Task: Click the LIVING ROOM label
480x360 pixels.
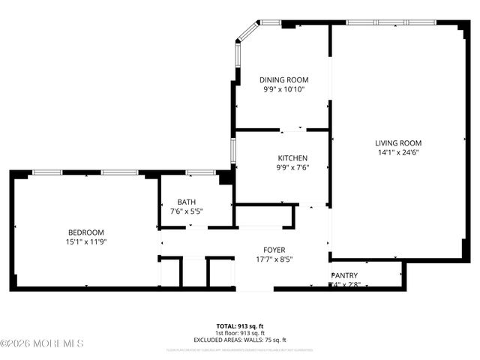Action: (x=398, y=142)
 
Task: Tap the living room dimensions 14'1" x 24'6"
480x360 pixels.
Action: (x=398, y=152)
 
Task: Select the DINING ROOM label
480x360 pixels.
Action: (x=283, y=79)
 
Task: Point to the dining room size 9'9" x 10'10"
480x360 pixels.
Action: (x=283, y=89)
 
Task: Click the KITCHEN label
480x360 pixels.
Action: (x=292, y=157)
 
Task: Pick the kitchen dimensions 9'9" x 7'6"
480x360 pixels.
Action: (x=292, y=167)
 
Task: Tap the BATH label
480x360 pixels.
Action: (x=187, y=202)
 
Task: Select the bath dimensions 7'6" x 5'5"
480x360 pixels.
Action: (x=187, y=211)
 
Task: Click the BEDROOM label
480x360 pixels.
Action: (x=85, y=232)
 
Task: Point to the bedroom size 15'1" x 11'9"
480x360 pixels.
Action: (x=85, y=241)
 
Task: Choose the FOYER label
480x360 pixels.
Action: (x=274, y=250)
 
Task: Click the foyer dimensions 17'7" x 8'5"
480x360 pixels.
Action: (x=274, y=259)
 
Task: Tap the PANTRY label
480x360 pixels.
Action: (x=345, y=275)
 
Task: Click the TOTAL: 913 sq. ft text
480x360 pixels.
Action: (x=240, y=326)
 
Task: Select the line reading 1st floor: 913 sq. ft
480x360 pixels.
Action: (x=240, y=333)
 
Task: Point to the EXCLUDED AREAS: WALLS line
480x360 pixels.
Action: (x=240, y=340)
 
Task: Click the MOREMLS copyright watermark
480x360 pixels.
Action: (x=42, y=343)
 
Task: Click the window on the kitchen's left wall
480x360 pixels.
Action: (x=233, y=150)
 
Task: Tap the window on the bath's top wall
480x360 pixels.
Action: (x=200, y=172)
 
